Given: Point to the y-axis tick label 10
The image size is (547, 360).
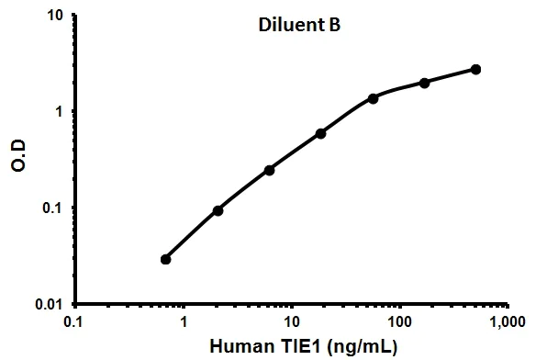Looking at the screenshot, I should coord(54,16).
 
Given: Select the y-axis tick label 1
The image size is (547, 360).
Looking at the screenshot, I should coord(59,111).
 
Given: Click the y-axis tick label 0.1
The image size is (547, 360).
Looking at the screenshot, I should coord(51,208).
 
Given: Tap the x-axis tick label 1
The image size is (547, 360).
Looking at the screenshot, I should coord(184,322).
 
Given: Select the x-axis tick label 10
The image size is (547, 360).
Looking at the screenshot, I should coord(291,322).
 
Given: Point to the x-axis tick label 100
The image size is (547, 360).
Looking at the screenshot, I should coord(398,322).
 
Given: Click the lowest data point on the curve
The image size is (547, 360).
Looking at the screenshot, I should coord(166,259).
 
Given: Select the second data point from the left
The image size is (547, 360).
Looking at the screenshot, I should coord(218,210).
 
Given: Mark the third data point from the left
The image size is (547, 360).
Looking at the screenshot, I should coord(269,170).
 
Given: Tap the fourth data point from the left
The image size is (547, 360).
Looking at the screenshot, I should coord(320,133).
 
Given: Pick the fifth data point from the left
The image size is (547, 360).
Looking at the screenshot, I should coord(373,98).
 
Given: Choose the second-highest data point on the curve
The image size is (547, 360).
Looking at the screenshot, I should coord(424,83).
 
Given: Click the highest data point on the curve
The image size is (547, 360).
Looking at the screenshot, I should coord(475,69).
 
